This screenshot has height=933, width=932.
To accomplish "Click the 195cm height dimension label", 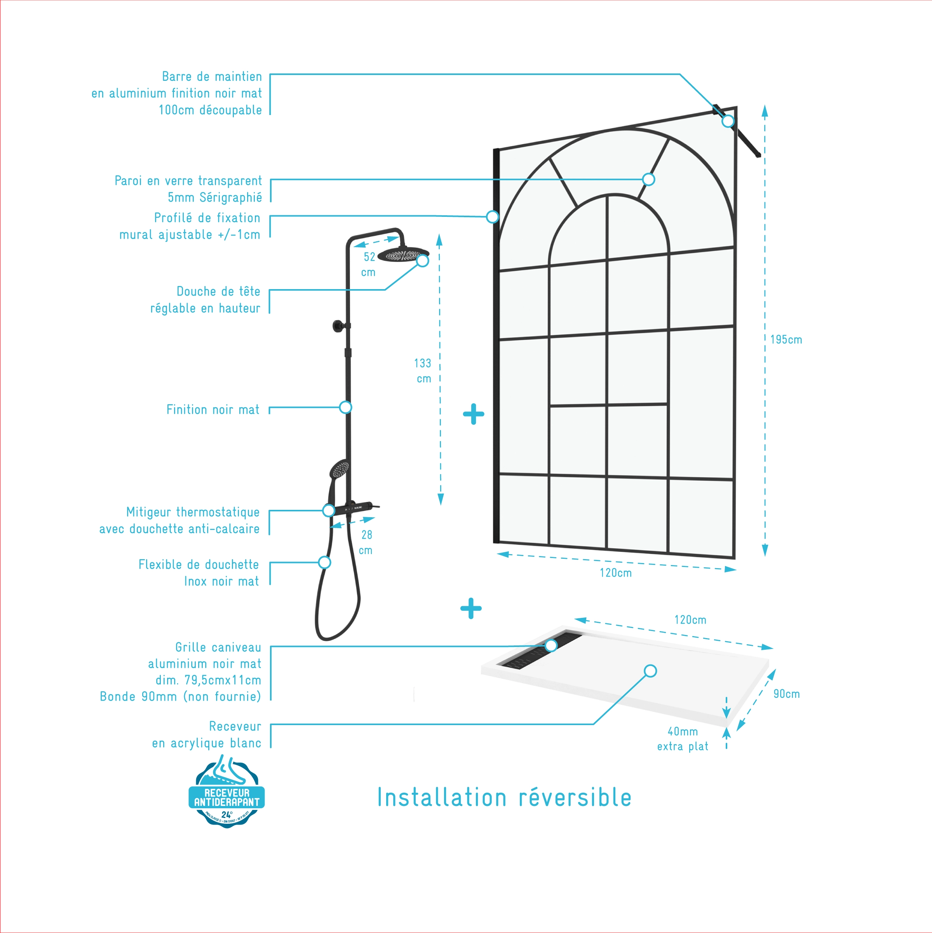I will pos(786,340).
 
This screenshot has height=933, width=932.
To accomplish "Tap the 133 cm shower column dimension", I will pos(423,370).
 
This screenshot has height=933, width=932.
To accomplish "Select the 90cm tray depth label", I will pos(786,694).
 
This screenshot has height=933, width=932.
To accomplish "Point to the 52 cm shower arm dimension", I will pos(369,264).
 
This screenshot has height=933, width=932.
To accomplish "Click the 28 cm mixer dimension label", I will pos(366,542).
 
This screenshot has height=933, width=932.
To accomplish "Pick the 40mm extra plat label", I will pos(682,739).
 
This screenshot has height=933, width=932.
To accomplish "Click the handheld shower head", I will pos(339,469).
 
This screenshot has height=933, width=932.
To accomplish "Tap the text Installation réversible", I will pos(504,798).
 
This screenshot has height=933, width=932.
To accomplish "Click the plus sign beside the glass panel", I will pos(473,414).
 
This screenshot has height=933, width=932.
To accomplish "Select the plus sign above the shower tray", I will pos(471,608).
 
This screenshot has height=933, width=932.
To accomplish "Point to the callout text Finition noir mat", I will pos(213,410).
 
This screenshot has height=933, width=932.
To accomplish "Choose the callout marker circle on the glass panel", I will pos(648,180).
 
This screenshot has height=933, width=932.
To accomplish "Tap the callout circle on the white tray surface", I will pos(650,671).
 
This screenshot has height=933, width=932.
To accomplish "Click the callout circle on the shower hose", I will pos(324,562).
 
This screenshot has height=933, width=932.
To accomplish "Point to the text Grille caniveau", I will pos(218,647).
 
